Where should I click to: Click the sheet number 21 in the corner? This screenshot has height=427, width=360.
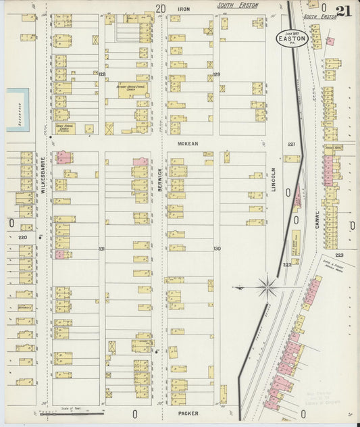[342, 12]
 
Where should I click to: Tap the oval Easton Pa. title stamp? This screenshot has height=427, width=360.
[292, 38]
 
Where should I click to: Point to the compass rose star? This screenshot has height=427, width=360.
[267, 288]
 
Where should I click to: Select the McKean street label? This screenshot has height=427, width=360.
[187, 144]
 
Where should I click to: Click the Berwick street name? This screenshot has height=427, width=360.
[161, 177]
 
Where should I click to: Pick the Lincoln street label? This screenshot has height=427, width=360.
[274, 179]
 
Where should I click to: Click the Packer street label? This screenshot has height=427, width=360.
[188, 412]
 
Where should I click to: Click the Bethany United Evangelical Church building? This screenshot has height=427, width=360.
[126, 90]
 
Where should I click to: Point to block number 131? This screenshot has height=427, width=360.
[102, 249]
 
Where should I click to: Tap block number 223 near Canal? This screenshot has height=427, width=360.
[338, 255]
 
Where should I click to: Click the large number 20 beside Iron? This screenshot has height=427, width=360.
[160, 9]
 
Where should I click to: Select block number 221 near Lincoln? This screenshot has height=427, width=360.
[292, 145]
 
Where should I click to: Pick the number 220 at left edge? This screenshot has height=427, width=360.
[22, 238]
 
